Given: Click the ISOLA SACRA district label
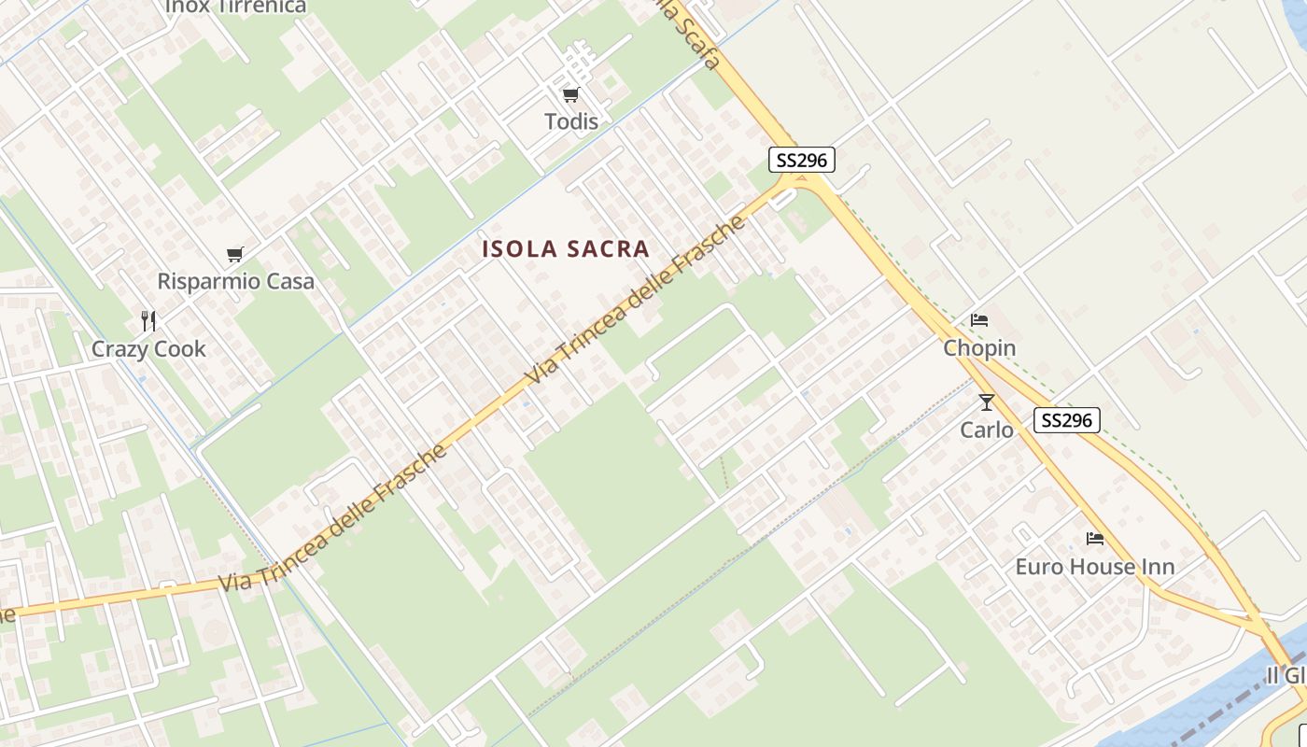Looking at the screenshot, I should (565, 249).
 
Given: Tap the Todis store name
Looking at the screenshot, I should (571, 121).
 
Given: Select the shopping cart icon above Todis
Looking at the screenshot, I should (570, 94).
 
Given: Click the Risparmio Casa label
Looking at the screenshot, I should (235, 281).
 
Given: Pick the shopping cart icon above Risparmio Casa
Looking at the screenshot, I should (235, 254).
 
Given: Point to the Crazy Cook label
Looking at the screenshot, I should (148, 349).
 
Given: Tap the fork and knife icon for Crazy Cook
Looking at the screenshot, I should (148, 321).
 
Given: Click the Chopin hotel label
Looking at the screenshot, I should (979, 348).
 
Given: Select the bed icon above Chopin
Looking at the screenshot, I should (979, 320).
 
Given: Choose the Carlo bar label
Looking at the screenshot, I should (987, 430).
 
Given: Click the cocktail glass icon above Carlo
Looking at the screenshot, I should (987, 402).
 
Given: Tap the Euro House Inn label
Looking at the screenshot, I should (1094, 567).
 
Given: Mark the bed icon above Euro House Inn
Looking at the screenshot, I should (1095, 539).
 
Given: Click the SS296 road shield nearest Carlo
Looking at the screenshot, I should (1067, 420).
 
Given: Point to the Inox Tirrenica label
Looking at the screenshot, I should (235, 7).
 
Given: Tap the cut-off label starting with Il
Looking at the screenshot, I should (1286, 675).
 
